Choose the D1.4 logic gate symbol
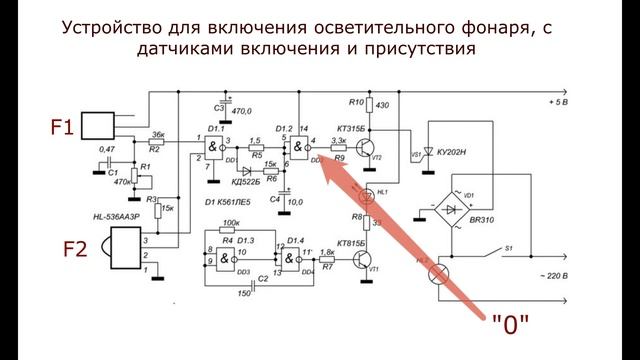(x=295, y=258)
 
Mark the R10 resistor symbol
(x=369, y=105)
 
